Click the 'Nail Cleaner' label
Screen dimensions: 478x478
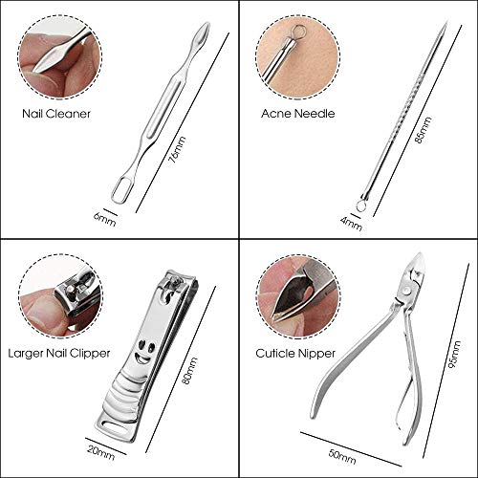coord(56,114)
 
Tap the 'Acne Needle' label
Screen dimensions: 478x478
coord(298,114)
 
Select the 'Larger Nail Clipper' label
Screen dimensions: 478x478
coord(59,354)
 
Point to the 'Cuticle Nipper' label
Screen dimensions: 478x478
coord(295,354)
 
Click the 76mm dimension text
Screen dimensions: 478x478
coord(177,149)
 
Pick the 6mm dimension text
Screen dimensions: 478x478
coord(105,220)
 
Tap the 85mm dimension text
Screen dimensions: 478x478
coord(424,130)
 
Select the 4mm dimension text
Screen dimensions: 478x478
coord(351,224)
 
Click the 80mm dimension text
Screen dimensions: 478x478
coord(189,370)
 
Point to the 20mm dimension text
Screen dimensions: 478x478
coord(100,452)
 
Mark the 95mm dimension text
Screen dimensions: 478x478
coord(453,355)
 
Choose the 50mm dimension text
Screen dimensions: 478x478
coord(342,457)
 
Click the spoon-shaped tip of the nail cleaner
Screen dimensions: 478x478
coord(202,34)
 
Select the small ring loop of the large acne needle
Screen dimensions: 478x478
coord(361,206)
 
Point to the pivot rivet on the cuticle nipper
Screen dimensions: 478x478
coord(406,290)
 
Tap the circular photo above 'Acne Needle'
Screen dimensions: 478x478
coord(298,57)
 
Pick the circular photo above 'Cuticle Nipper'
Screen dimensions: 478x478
coord(298,296)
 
